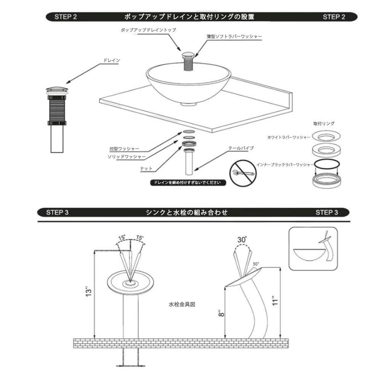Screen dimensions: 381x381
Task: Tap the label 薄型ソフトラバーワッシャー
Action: point(234,37)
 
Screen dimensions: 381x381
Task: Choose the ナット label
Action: point(146,168)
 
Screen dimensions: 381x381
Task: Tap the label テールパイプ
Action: point(241,148)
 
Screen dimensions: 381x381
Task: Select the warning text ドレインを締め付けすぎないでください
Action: point(187,183)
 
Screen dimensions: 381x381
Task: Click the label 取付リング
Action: point(324,123)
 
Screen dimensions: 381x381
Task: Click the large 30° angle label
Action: point(242,240)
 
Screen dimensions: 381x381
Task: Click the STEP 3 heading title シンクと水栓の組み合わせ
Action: point(187,212)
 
